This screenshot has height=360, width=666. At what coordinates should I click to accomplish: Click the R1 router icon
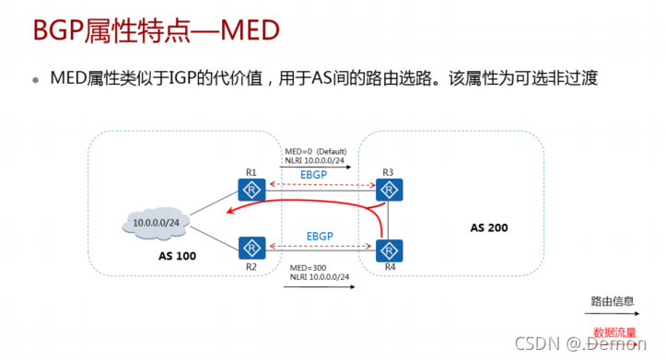[x=251, y=191]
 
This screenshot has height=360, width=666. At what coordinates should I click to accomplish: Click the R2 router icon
[x=251, y=247]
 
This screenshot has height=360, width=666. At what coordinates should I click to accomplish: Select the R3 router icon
[x=391, y=191]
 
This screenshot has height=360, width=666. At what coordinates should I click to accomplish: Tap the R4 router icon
[x=391, y=248]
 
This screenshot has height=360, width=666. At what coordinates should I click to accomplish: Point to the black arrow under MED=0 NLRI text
[x=319, y=168]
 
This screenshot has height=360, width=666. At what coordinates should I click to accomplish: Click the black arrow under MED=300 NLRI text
[x=319, y=286]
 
